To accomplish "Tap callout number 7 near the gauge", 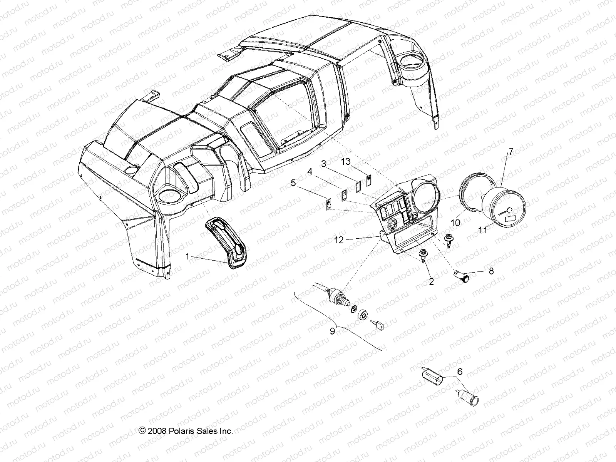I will click(x=511, y=151).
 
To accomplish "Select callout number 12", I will click(x=339, y=240).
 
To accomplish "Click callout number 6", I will click(x=459, y=372).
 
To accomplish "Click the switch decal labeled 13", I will click(x=369, y=180).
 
